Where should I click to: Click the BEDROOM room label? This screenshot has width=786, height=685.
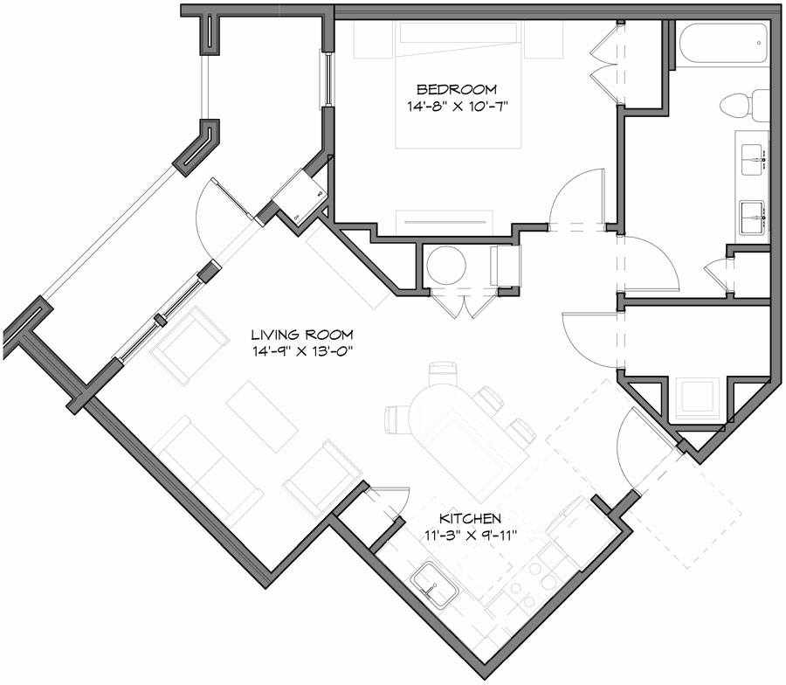pos(457,89)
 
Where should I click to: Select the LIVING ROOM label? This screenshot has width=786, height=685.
pos(302,334)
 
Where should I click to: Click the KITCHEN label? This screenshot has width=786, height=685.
pos(470,518)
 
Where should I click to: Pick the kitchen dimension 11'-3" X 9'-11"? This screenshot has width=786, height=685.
pos(470,536)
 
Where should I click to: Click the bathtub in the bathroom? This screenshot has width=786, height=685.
pos(722,44)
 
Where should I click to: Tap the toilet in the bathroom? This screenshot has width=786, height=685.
pos(744,106)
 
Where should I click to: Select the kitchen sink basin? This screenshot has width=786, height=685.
pos(434,585)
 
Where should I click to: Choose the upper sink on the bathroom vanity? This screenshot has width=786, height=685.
pos(753,160)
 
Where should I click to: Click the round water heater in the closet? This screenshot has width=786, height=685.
pos(446,266)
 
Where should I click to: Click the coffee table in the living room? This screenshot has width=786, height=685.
pos(262,416)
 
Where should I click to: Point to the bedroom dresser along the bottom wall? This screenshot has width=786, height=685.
pos(445,222)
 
